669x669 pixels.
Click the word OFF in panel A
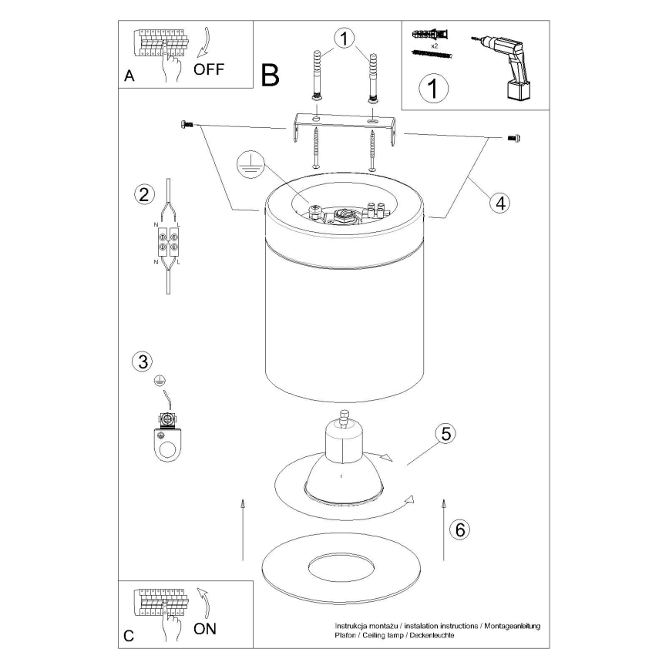coord(209,69)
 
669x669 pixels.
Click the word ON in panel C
coord(205,628)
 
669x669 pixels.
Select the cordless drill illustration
coord(503,67)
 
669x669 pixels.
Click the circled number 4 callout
coord(500,203)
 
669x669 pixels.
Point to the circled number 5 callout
coord(445,433)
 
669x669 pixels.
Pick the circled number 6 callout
coord(460,529)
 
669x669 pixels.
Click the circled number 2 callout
coord(144,194)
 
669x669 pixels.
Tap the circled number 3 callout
coord(143,361)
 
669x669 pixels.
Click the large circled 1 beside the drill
coord(433,89)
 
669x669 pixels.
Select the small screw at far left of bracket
coord(187,124)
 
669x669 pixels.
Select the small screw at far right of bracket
coord(513,138)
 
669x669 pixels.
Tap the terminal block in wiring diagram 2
coord(168,241)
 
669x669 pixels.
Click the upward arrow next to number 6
coord(444,529)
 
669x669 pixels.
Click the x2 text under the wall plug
coord(435,46)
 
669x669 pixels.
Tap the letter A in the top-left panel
coord(129,76)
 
